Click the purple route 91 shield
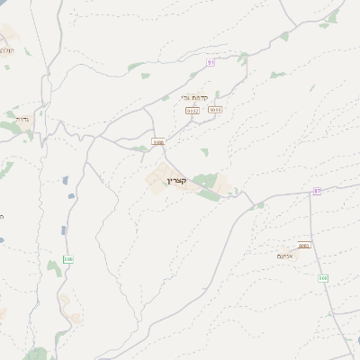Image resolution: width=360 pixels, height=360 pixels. tap(210, 62)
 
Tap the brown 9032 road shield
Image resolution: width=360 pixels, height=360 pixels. tap(192, 110)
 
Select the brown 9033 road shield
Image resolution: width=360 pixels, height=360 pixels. tap(214, 110)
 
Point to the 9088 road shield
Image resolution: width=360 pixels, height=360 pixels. tap(158, 141)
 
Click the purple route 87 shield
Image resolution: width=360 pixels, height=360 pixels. tap(317, 192)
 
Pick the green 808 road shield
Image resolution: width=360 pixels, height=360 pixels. tap(322, 278)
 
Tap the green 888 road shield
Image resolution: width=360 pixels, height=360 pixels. tap(67, 259)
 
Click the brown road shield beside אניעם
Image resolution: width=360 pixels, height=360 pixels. tap(303, 245)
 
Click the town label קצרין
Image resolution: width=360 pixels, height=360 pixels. tap(175, 181)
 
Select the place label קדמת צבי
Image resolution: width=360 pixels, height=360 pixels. tap(193, 97)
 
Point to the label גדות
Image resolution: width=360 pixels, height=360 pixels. tap(22, 118)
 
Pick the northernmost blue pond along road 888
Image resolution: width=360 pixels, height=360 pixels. tap(68, 181)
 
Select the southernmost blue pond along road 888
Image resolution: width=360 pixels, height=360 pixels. tap(63, 231)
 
